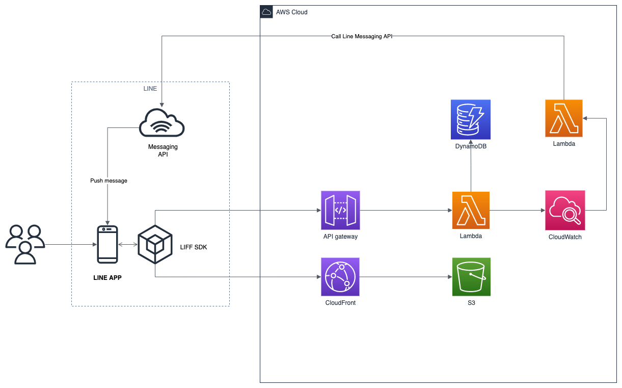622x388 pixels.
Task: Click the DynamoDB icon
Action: pos(470,119)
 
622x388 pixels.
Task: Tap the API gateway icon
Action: pos(340,210)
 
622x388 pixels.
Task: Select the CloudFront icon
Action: pos(340,277)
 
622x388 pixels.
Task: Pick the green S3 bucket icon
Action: pos(471,277)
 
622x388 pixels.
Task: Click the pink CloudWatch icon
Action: pos(564,210)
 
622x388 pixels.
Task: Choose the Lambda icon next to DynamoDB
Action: pos(563,118)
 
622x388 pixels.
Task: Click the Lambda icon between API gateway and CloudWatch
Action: pos(471,210)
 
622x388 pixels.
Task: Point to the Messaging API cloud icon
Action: pos(162,124)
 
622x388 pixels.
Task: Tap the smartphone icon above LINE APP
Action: pos(107,245)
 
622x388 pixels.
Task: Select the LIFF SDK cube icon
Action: pos(155,245)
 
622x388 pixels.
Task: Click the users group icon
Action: pos(24,244)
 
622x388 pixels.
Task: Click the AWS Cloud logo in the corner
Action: pos(266,12)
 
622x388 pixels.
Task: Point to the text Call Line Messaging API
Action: pos(362,36)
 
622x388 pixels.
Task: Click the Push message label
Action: pos(109,180)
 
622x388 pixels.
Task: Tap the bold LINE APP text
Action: pos(107,278)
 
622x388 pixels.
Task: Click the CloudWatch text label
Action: pos(564,237)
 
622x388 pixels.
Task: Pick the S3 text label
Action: pos(471,303)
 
